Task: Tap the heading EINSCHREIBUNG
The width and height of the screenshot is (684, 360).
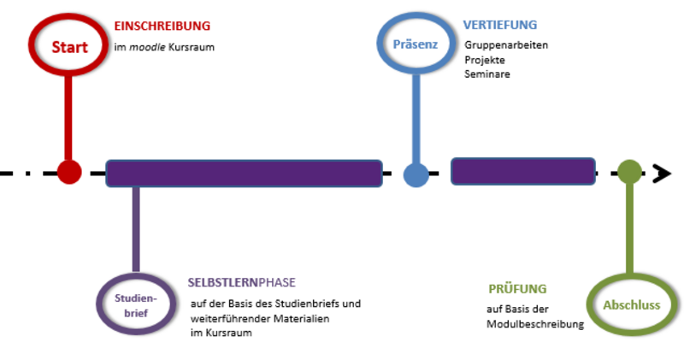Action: tap(162, 27)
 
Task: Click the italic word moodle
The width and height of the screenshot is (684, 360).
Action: tap(147, 47)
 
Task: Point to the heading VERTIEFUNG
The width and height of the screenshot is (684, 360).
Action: tap(500, 25)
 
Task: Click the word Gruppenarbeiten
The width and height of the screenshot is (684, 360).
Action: tap(506, 45)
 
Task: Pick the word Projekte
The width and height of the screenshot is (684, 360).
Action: tap(485, 60)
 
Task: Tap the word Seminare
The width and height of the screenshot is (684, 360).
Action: tap(487, 74)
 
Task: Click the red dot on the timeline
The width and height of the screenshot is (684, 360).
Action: tap(69, 172)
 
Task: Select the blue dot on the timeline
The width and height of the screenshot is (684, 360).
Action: tap(416, 174)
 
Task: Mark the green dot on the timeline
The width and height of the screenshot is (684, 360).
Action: tap(629, 172)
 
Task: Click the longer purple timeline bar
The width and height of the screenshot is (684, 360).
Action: tap(245, 174)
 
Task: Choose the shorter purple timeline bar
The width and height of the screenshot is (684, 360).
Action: tap(523, 172)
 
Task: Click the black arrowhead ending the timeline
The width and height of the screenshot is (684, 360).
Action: tap(662, 174)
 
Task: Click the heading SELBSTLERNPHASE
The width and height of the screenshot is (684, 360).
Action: tap(242, 282)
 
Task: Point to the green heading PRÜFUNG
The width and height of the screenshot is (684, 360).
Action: tap(517, 289)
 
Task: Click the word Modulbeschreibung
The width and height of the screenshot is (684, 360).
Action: tap(535, 324)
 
